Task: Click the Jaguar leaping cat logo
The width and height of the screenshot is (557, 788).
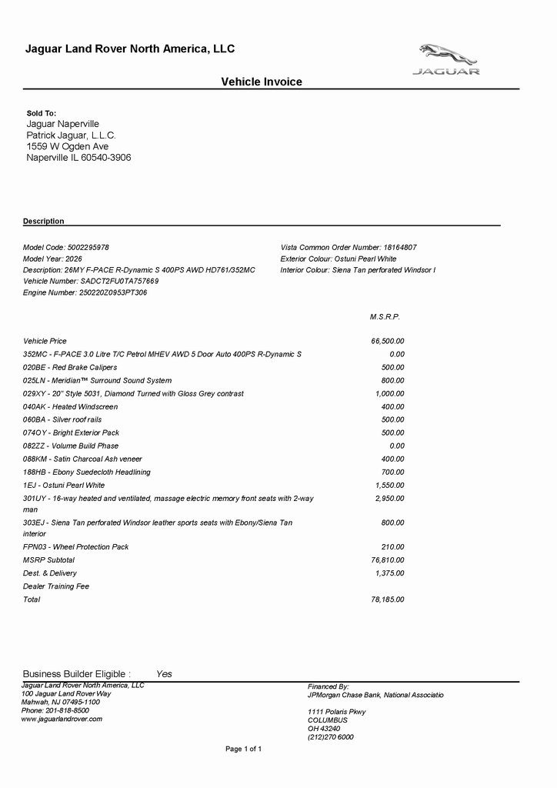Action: pos(449,55)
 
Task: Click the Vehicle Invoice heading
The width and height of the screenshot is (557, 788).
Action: pos(262,82)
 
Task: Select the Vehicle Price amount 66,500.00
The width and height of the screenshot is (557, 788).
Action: pos(388,341)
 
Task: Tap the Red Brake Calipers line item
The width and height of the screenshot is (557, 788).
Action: pos(70,367)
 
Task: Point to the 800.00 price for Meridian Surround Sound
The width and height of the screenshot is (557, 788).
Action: pos(392,380)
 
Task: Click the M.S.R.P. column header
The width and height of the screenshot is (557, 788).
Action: pos(385,316)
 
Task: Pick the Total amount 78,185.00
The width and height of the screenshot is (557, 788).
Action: pos(388,599)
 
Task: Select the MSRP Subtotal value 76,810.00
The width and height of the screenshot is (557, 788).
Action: pos(388,560)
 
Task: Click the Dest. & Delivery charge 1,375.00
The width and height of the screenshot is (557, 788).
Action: pos(389,573)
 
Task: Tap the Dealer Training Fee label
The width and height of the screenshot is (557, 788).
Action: pos(56,586)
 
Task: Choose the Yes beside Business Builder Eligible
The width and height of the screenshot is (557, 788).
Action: pos(164,674)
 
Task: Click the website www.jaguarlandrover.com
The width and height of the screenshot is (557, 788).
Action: pos(62,719)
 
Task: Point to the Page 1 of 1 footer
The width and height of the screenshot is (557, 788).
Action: pos(243,749)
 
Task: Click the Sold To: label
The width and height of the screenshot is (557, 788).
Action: pos(42,113)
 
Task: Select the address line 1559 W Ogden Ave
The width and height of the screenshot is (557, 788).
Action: pos(68,146)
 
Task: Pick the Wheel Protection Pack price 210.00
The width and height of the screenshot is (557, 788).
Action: pos(392,547)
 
